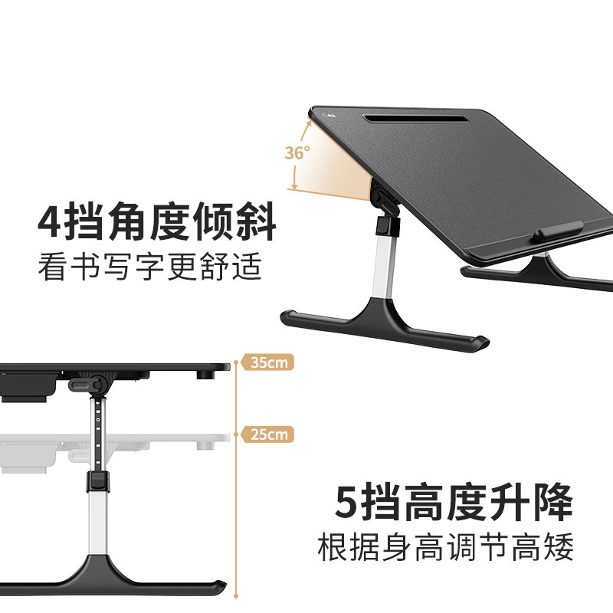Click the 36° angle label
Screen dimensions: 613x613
pyautogui.click(x=297, y=152)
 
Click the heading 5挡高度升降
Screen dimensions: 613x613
pyautogui.click(x=454, y=503)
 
